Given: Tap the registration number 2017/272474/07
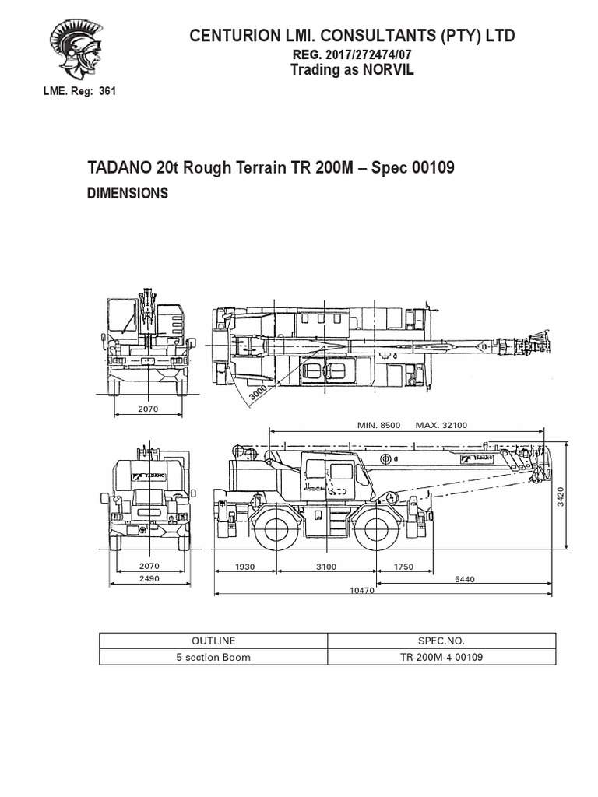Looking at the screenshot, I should [361, 54].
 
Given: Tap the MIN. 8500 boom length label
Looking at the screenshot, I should [378, 425].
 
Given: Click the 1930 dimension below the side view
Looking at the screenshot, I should [244, 567].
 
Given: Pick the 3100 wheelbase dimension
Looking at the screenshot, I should [326, 567].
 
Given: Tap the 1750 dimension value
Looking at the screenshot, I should [403, 567].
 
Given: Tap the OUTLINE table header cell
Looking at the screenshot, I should [213, 641].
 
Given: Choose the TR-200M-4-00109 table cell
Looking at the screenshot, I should [442, 656].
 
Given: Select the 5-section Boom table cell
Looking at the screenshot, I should [213, 656].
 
